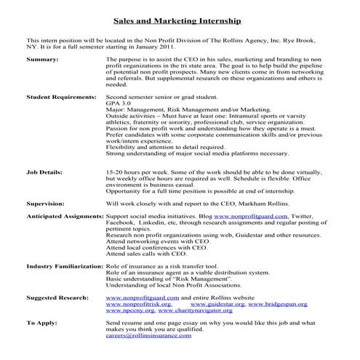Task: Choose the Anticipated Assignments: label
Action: pyautogui.click(x=65, y=217)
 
